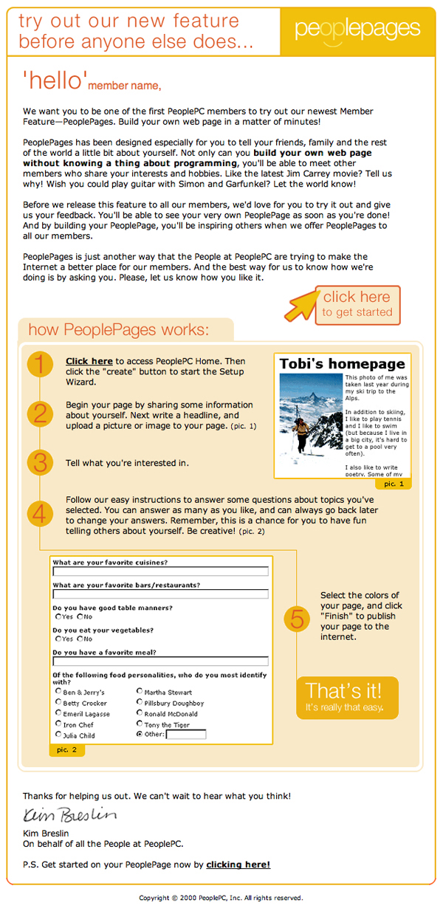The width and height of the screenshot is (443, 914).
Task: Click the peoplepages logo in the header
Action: [357, 30]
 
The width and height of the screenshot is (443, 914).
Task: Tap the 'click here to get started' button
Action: [357, 305]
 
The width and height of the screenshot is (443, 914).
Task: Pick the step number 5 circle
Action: [297, 618]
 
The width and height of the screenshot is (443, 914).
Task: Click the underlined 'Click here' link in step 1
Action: [89, 361]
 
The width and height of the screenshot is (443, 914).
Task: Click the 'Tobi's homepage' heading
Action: [343, 364]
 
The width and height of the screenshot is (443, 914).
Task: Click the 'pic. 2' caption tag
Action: [67, 750]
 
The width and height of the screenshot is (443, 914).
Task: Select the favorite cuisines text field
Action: [160, 571]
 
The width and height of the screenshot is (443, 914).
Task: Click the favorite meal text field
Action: [160, 662]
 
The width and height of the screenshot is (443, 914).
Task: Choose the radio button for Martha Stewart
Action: [140, 692]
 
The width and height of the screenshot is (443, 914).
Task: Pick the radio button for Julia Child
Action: [58, 735]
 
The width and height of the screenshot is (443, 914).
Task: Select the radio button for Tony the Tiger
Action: [140, 724]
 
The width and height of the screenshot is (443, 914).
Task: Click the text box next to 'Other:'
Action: [187, 735]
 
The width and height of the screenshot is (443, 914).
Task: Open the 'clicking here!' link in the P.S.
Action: [238, 865]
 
